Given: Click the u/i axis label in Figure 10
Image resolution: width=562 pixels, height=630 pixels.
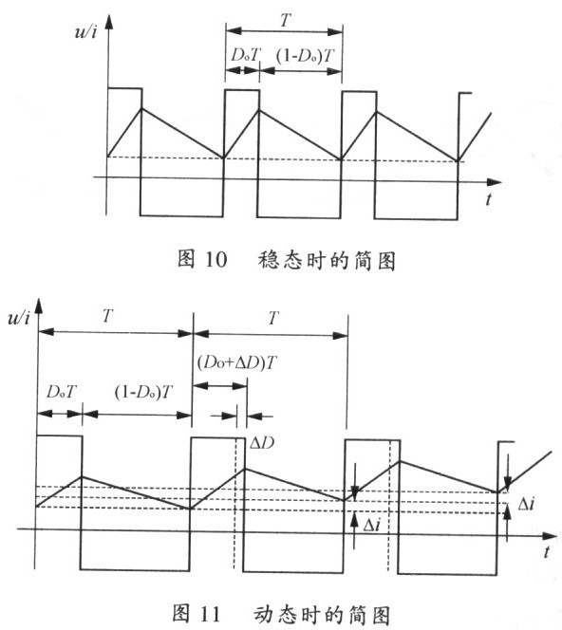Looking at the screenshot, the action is point(85,31).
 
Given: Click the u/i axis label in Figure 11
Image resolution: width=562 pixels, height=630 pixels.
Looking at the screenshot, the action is point(18,318).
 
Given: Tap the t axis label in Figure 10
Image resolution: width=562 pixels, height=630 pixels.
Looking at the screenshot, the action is point(489,199).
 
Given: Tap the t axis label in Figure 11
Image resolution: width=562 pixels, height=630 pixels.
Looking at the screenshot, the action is point(546,551).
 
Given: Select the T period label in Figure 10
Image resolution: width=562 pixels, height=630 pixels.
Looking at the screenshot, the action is point(285,20).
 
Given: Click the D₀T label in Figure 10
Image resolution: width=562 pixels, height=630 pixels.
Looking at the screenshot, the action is point(246,55).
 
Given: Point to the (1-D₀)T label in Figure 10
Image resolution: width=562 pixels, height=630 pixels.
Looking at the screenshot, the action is point(305,55).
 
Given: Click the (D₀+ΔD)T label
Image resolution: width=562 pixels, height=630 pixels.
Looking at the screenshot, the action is point(237,363).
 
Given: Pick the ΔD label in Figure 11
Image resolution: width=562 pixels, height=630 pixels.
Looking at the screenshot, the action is point(262,443).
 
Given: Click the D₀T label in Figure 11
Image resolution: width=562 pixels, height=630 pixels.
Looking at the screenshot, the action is point(62,391).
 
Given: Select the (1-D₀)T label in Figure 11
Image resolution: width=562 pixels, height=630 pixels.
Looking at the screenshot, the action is point(143,392).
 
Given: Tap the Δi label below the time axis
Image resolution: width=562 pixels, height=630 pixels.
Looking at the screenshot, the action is point(371,525).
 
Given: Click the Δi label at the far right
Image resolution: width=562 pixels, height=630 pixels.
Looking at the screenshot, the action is point(526,503).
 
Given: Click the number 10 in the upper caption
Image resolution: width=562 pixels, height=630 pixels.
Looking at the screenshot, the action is point(216,259).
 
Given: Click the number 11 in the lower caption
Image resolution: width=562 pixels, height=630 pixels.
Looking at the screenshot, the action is point(210,615).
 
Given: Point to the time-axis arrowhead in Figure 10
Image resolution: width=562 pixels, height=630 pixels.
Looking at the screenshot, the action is point(495,182).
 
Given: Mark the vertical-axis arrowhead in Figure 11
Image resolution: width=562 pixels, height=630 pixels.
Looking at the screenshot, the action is point(39,306).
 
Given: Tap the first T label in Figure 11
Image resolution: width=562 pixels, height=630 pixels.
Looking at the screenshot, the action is point(107,316).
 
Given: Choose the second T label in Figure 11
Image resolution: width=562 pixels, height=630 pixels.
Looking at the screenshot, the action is point(273,318).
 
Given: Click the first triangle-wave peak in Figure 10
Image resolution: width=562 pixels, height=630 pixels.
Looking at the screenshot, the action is point(141,108).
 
